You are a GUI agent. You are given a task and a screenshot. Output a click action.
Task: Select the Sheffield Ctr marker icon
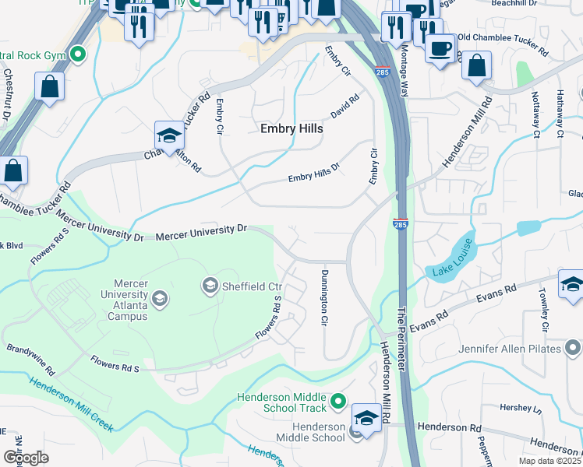pos(210,287)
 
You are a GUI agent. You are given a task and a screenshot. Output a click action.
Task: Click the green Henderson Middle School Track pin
pos(337,402)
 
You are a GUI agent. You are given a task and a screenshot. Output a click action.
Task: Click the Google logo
pos(26,457)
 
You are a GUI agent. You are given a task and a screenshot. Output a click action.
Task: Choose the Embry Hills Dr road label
pos(315,173)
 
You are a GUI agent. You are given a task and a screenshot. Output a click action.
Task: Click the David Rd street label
pos(344,107)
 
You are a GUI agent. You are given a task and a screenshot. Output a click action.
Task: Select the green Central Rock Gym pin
pos(77,54)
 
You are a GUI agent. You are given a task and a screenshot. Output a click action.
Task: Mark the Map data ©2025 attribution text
pos(549,460)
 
